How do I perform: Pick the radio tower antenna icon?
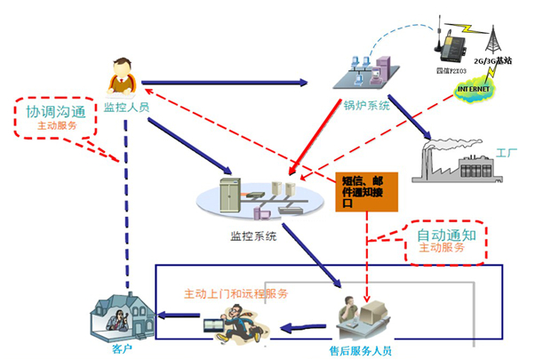492,35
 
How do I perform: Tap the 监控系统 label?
253,236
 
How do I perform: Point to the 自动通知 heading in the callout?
447,236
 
